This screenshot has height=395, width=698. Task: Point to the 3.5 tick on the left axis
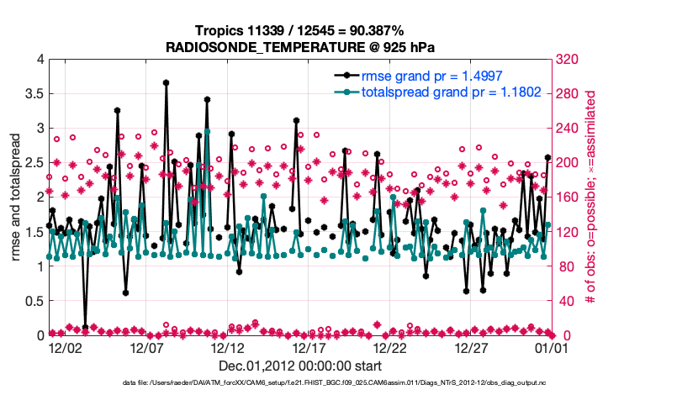[34, 93]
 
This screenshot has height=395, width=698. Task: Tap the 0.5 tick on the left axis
[34, 301]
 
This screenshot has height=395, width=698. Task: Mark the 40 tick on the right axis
[562, 301]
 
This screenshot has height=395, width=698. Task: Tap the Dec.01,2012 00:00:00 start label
[300, 366]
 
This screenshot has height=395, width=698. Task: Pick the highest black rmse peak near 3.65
[167, 82]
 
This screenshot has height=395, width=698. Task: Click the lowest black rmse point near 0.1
[86, 327]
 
